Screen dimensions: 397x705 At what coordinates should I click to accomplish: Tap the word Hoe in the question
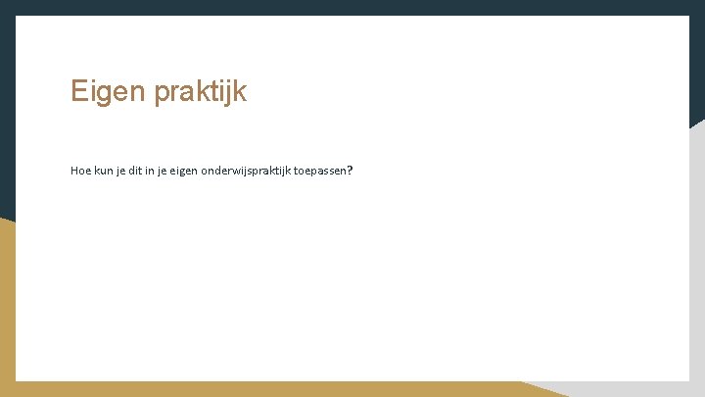point(80,171)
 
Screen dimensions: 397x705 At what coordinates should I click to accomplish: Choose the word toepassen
point(320,171)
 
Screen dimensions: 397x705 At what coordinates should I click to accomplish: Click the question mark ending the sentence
point(350,171)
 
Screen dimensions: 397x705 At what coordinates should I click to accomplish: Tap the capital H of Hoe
point(74,171)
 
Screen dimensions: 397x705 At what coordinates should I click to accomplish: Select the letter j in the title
point(232,94)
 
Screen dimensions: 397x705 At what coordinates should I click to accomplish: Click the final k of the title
point(241,92)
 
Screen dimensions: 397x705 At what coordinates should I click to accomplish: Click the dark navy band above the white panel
point(352,7)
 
